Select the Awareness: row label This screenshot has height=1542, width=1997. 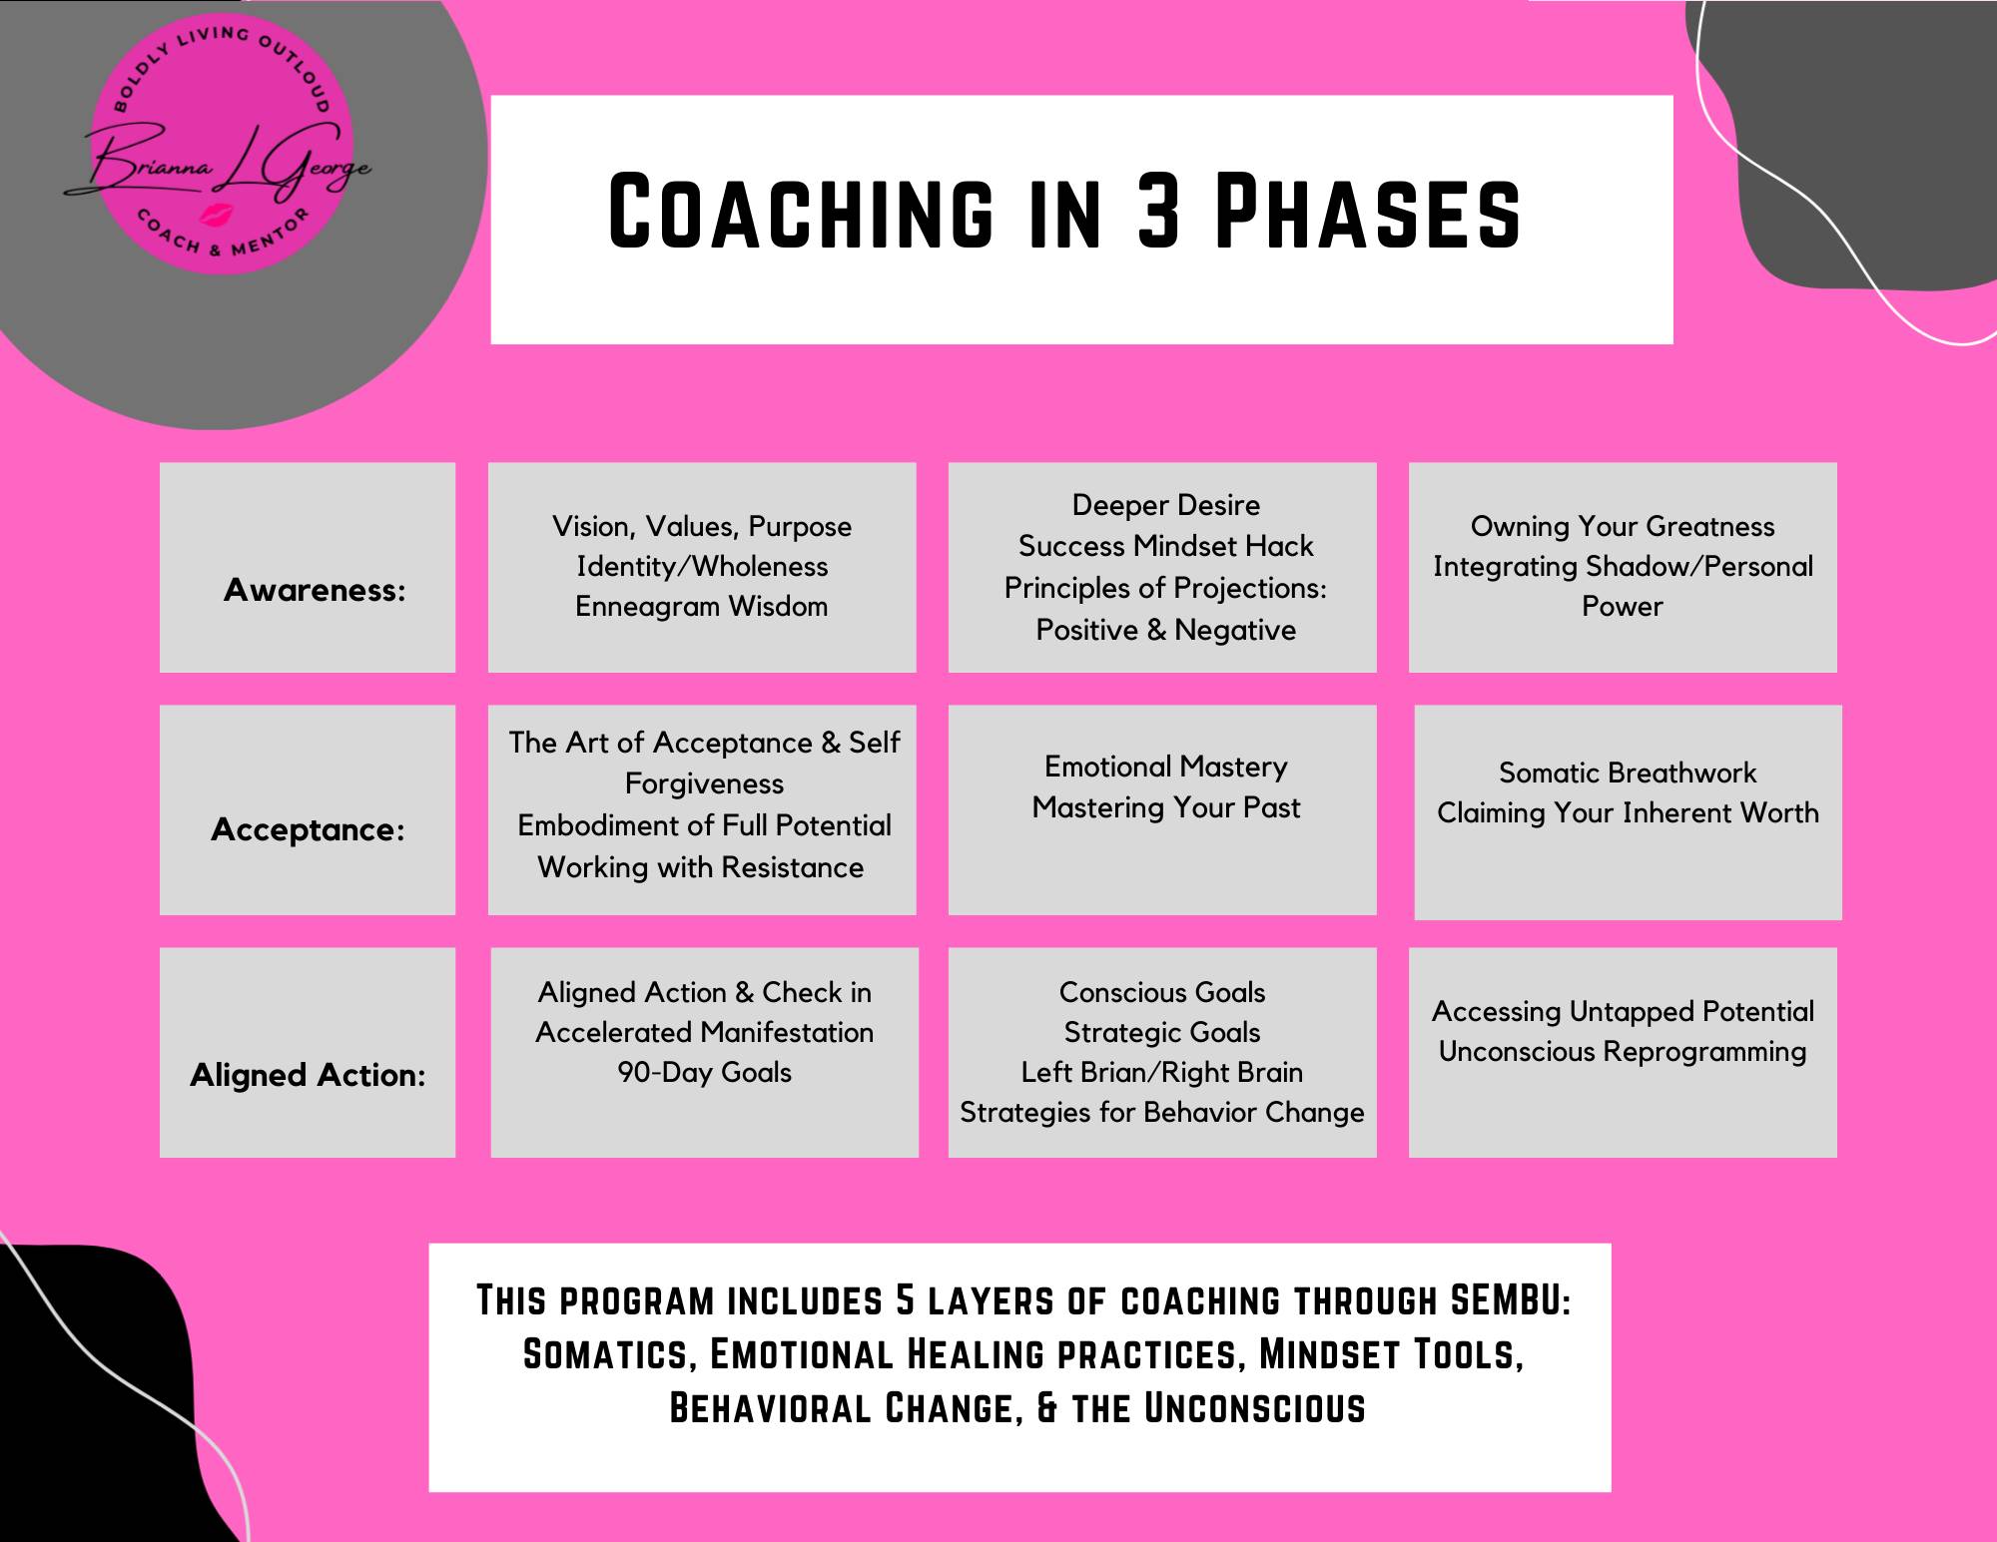315,590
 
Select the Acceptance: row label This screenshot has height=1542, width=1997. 308,829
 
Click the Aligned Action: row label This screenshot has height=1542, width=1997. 308,1075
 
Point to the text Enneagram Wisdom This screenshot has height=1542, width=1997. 702,607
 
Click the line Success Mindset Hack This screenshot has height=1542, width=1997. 1165,546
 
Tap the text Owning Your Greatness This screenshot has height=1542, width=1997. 1623,527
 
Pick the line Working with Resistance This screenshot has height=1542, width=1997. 701,867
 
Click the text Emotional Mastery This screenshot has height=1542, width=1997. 1165,767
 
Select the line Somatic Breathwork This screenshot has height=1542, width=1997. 1628,772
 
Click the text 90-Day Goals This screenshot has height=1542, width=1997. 704,1073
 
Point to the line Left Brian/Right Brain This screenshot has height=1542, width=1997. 1162,1073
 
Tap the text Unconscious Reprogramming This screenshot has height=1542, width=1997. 1623,1052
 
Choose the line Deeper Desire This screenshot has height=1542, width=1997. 1165,505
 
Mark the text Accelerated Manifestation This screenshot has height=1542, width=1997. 704,1033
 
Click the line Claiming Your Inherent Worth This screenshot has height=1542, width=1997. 1628,813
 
